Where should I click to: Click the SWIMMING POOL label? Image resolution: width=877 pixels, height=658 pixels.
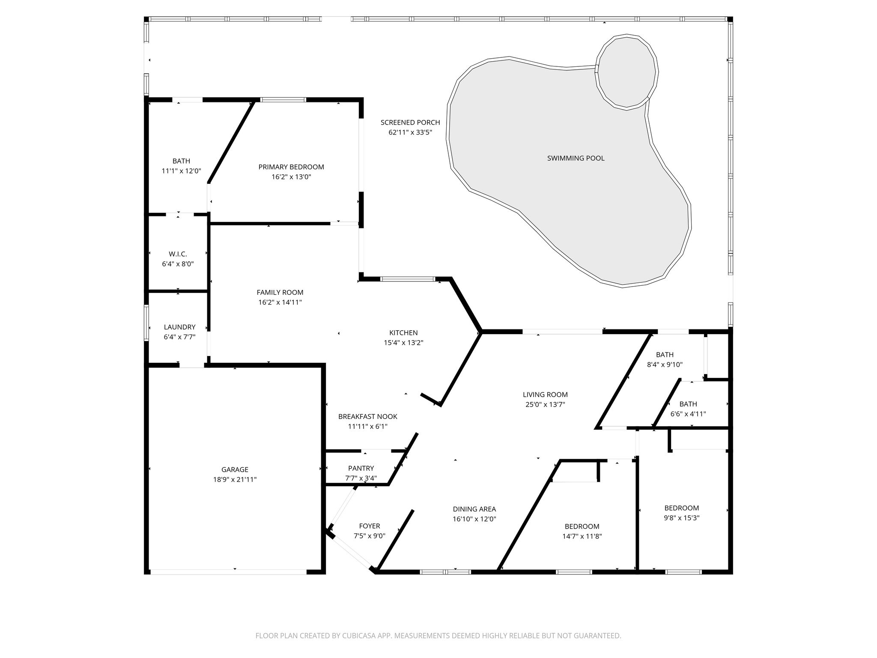(576, 158)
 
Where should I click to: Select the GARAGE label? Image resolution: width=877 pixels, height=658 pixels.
(235, 470)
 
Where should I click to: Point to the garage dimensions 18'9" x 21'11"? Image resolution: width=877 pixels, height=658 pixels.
(235, 479)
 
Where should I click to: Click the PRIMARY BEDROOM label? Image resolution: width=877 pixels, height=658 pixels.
(291, 167)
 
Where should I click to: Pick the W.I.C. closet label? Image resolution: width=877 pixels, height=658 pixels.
(178, 254)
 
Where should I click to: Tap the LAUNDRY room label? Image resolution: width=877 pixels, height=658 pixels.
(179, 327)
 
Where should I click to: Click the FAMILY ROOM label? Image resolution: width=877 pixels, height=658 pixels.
(280, 292)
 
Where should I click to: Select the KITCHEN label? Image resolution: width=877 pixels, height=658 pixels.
(403, 332)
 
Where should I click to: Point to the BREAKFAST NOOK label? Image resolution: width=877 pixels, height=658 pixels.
(368, 416)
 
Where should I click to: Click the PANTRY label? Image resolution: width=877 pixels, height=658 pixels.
(361, 468)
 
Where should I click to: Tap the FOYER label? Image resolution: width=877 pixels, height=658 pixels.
(370, 526)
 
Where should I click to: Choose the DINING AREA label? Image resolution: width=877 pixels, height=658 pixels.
(474, 509)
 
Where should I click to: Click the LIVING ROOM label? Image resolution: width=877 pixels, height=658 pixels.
(545, 395)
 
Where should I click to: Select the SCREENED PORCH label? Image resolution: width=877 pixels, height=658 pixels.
(410, 123)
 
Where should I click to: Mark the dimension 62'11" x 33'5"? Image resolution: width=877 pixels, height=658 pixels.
(410, 132)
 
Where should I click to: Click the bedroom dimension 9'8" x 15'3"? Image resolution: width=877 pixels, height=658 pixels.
(681, 517)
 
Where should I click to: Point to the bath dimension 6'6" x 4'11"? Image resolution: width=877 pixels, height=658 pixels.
(688, 414)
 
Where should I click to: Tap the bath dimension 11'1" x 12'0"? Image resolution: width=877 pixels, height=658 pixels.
(181, 170)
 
